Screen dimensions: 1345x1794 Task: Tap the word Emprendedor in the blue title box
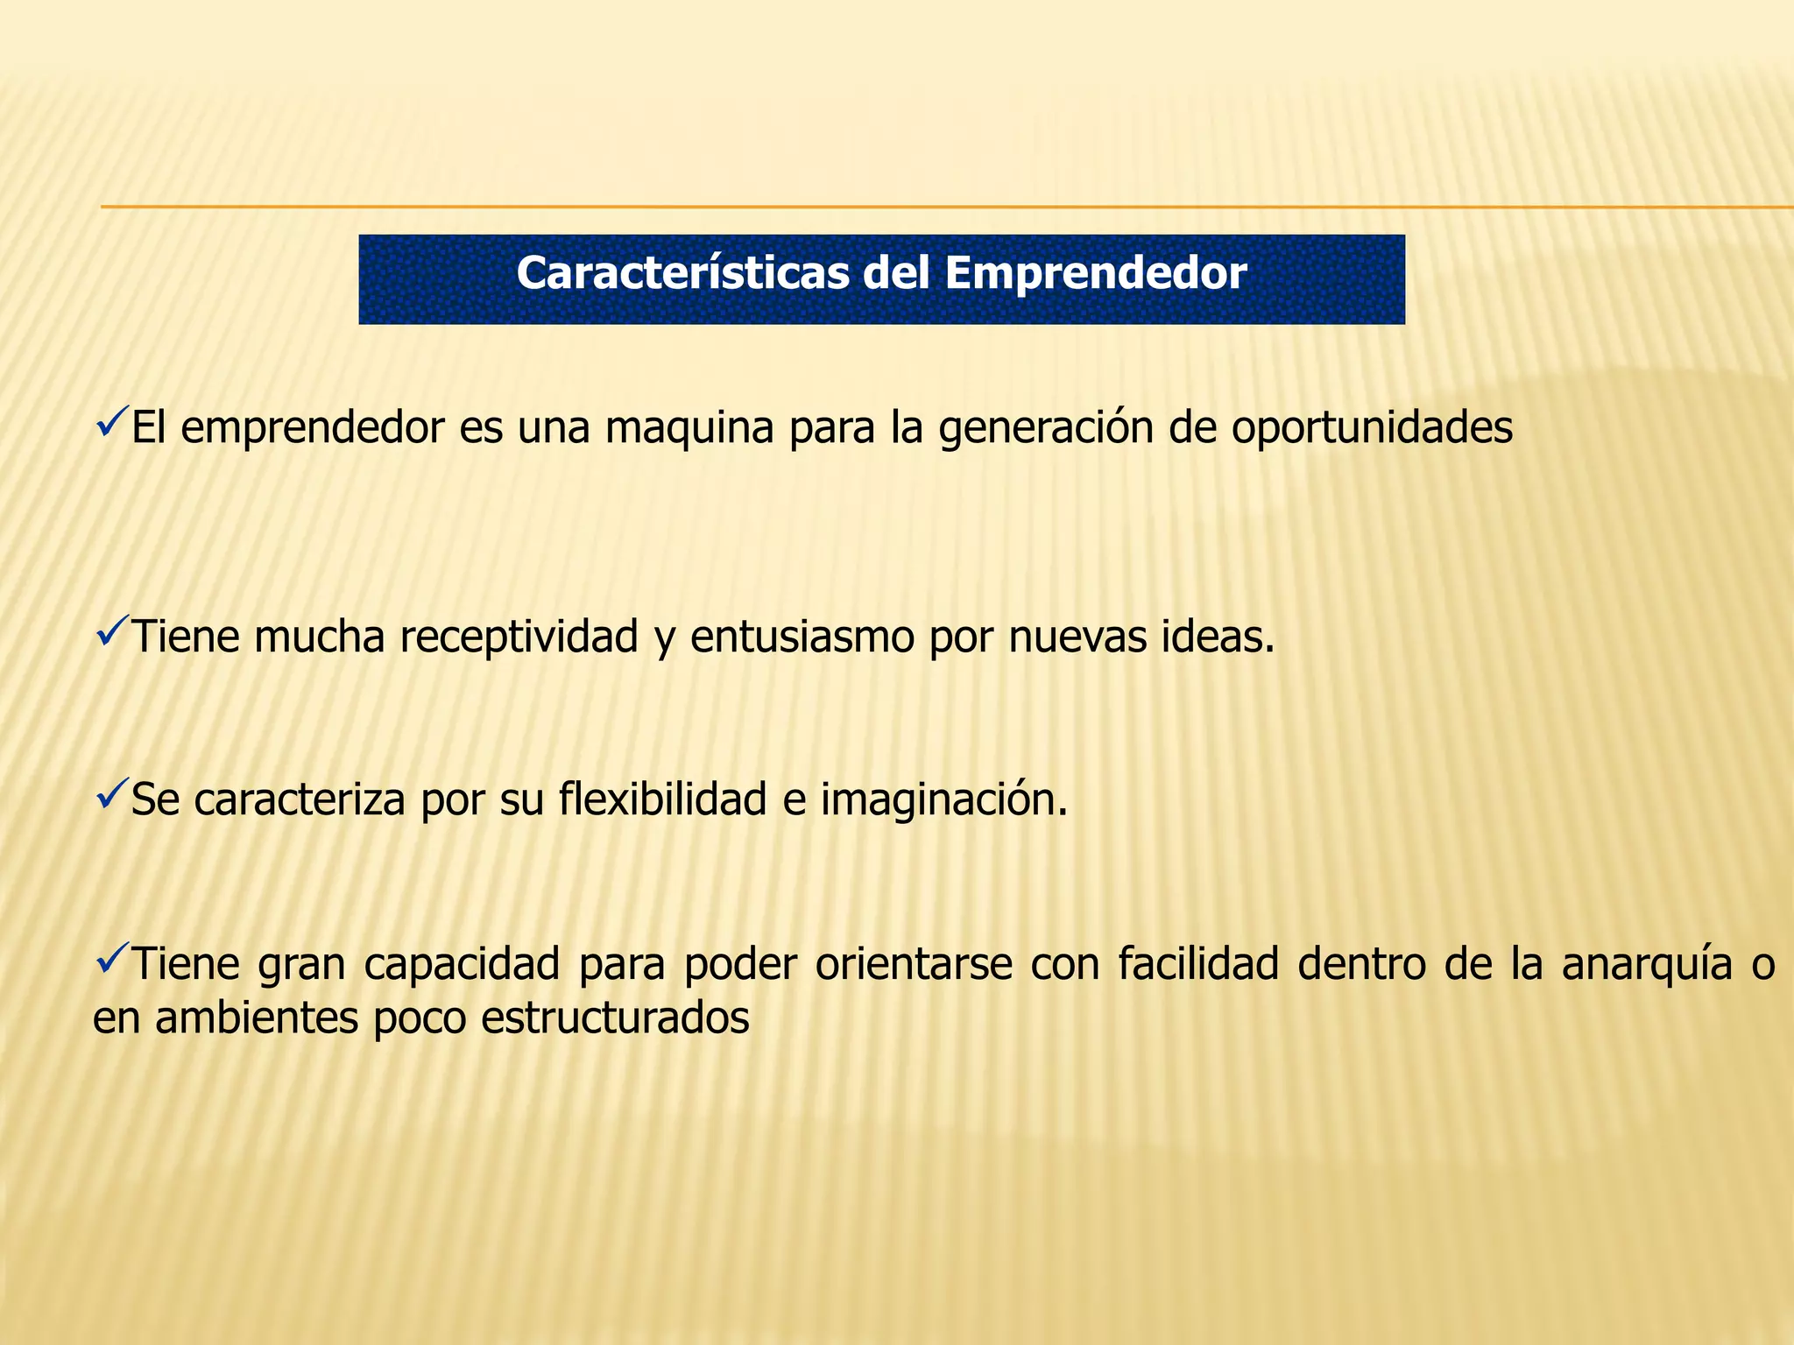click(x=1095, y=273)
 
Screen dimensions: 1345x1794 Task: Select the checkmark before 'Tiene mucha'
click(x=111, y=630)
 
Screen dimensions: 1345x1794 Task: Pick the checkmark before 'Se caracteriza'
click(x=111, y=792)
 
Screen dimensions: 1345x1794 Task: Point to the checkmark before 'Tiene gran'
click(x=111, y=957)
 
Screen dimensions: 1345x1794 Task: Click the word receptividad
click(x=519, y=637)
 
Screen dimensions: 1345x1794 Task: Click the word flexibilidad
click(x=662, y=799)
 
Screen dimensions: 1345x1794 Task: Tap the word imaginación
click(x=943, y=799)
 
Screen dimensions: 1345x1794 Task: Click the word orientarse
click(x=914, y=964)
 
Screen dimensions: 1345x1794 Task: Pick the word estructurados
click(x=615, y=1018)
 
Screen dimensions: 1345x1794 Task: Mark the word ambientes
click(x=257, y=1018)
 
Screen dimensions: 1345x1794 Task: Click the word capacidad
click(x=461, y=964)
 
